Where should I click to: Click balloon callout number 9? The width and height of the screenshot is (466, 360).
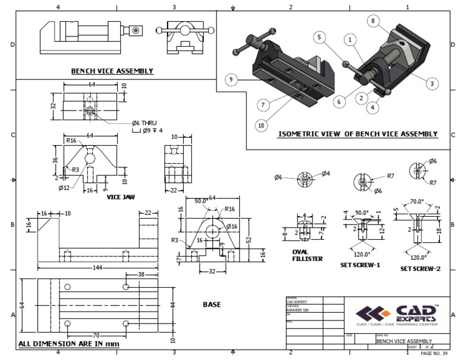pos(231,80)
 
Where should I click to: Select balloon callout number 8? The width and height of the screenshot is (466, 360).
pos(371,20)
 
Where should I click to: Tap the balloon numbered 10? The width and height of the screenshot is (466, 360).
pos(262,125)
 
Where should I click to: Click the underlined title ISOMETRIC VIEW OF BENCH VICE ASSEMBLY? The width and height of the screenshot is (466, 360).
pos(357,134)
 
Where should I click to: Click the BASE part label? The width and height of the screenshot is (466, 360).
pos(211,304)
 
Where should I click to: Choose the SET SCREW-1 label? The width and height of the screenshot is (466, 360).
pos(361,265)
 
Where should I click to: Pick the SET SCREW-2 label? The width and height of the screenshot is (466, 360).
pos(420,268)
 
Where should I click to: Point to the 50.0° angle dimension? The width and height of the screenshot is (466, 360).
pos(202,200)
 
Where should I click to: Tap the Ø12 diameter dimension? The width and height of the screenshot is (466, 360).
pos(64,188)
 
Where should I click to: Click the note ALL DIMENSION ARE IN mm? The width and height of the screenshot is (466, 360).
pos(69,344)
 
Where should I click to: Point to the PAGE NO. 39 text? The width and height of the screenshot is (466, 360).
pos(433,353)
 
